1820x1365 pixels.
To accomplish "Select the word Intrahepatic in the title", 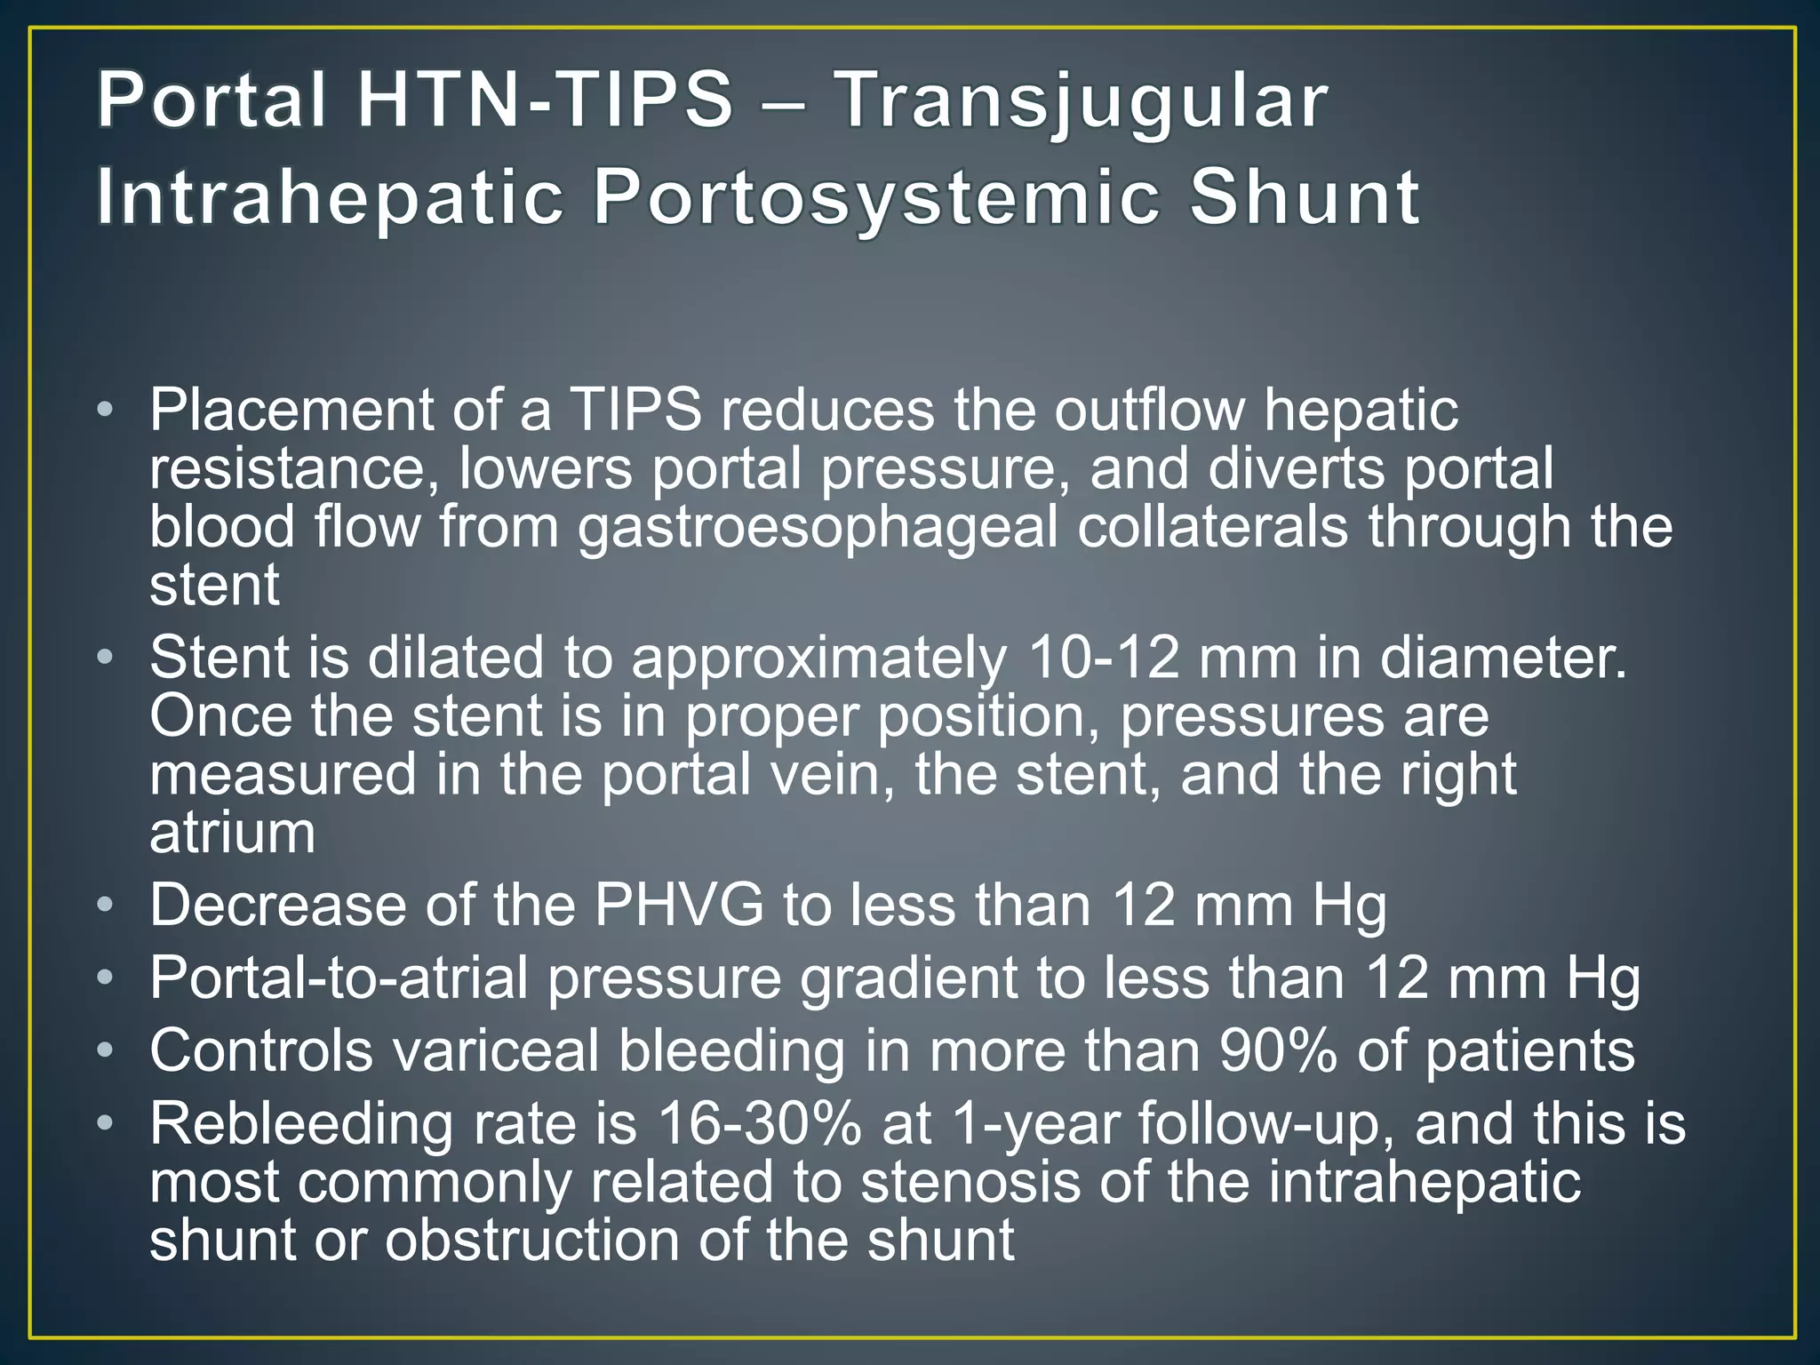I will point(330,199).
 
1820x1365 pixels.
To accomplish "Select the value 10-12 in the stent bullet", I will point(1103,659).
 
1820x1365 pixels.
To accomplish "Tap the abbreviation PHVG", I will point(679,906).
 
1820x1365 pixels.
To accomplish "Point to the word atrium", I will point(232,834).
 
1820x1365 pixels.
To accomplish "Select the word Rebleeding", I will point(302,1124).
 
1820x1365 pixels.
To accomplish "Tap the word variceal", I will point(496,1051).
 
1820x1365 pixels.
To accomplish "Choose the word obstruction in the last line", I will point(531,1241).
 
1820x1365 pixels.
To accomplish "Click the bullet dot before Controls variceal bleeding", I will point(106,1051).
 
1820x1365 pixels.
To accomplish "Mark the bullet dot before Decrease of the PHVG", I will point(106,906).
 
